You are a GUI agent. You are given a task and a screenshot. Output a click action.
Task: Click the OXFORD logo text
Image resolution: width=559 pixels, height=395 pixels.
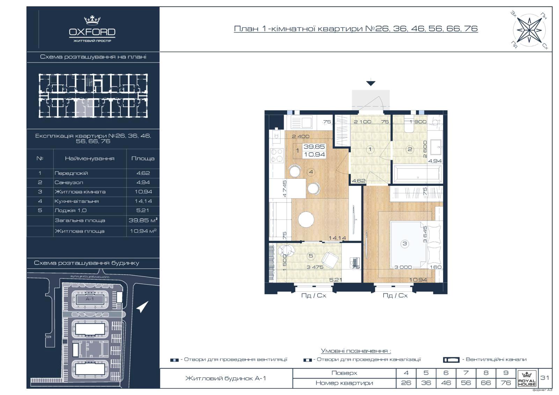(92, 32)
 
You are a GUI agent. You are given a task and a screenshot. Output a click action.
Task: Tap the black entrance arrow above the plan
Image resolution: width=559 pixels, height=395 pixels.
(371, 83)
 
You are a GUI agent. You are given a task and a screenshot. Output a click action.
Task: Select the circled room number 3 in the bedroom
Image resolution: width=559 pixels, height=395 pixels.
(405, 244)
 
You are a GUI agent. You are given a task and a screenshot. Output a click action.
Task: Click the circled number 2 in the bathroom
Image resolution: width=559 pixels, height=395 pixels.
(409, 149)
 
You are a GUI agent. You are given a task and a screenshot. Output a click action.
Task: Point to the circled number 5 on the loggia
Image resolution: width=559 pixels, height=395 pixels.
(311, 256)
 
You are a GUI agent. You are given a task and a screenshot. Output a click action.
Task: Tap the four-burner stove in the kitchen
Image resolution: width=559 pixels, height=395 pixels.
(277, 155)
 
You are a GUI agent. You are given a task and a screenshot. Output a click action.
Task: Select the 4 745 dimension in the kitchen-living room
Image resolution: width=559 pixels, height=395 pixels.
(285, 189)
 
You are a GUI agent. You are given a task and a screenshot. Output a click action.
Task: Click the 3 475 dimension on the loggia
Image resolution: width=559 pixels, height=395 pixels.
(315, 267)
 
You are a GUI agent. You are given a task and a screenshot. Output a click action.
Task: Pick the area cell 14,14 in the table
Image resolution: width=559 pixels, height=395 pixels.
(143, 201)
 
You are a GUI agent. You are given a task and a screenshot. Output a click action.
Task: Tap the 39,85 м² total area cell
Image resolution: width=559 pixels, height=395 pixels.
(143, 220)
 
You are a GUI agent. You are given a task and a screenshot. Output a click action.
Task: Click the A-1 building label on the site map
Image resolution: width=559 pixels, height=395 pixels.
(90, 299)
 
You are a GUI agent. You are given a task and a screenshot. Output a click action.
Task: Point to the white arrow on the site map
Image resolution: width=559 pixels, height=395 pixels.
(142, 307)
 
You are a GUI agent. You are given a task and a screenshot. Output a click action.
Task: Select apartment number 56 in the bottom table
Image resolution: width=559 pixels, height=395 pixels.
(466, 383)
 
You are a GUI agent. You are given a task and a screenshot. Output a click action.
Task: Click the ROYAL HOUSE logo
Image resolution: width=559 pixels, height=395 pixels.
(527, 379)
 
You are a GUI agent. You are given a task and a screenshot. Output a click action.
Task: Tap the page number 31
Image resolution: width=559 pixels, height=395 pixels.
(545, 378)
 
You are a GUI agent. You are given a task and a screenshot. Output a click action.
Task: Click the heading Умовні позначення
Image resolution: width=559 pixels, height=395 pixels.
(356, 351)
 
